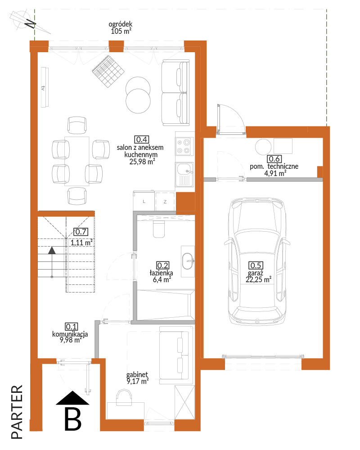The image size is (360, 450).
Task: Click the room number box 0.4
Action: [142, 139]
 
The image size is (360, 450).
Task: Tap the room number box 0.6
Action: [274, 159]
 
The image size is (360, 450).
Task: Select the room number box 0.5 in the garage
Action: [256, 265]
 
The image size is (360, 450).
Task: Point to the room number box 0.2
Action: [162, 265]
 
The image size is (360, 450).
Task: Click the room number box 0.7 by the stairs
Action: [81, 232]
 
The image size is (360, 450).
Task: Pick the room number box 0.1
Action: [72, 327]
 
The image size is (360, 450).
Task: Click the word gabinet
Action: [137, 374]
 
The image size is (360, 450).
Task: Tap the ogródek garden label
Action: [121, 24]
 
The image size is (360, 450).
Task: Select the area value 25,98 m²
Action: [142, 162]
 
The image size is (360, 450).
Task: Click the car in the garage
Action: [257, 261]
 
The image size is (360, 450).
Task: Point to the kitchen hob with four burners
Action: [184, 146]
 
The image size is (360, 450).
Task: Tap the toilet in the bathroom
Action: [159, 229]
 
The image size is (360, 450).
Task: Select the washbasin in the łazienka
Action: [188, 261]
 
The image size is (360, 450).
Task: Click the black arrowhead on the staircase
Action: [52, 250]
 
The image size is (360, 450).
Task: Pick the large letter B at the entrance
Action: [73, 418]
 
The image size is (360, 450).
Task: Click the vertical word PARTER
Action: [17, 412]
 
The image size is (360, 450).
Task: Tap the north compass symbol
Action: [29, 22]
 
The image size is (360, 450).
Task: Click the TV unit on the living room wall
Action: [45, 87]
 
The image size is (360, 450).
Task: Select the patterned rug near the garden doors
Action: [108, 72]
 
